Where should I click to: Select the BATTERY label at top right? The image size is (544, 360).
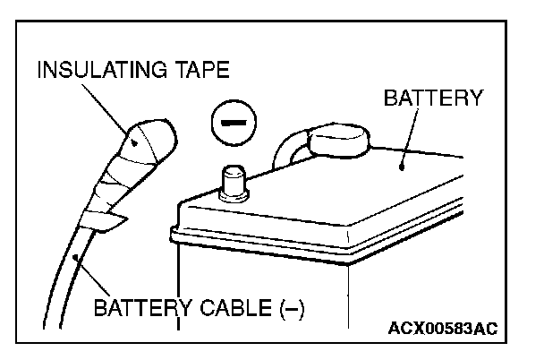(x=432, y=98)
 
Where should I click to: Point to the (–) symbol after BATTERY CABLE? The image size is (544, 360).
(x=292, y=311)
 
